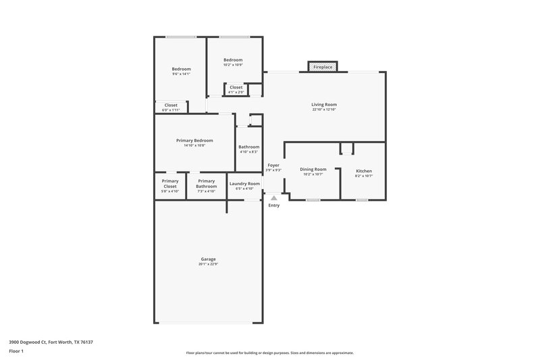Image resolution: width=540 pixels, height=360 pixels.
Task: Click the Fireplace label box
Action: (323, 68)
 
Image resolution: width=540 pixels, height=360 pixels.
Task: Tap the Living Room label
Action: (324, 105)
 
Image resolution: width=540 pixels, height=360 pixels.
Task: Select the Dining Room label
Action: (313, 170)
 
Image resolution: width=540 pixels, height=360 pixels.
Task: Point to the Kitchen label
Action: (364, 171)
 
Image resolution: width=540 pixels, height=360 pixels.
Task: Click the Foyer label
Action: (273, 165)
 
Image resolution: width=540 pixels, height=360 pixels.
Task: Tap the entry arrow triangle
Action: (273, 198)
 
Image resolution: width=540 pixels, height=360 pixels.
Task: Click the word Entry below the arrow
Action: (273, 205)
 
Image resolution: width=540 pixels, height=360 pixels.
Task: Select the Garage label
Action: (208, 259)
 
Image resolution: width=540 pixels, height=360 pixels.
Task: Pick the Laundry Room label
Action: (244, 184)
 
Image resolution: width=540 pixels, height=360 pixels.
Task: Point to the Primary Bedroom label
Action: (194, 140)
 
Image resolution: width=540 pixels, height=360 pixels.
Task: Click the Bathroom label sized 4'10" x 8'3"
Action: (249, 147)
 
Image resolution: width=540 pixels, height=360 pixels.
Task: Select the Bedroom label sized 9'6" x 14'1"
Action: (181, 69)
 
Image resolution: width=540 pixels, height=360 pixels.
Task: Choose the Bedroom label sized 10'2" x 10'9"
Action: (233, 60)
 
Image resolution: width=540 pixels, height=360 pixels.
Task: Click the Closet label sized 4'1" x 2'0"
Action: (236, 87)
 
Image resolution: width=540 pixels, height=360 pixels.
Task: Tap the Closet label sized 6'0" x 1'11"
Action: (171, 105)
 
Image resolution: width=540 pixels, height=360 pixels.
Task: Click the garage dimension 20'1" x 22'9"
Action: (208, 264)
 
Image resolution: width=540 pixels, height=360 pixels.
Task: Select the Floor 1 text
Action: (16, 352)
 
